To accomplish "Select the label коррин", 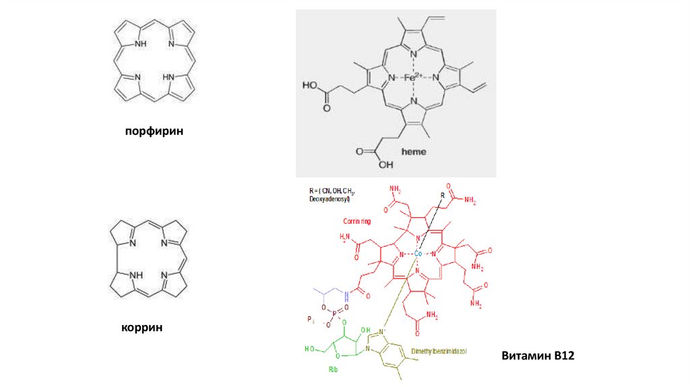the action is (x=142, y=328).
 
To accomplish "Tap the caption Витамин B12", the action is (x=538, y=355).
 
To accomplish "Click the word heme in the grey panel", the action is (x=414, y=152).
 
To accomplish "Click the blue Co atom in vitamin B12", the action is (x=418, y=254).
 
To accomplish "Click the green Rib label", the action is (x=332, y=369).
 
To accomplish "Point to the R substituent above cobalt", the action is (x=442, y=196).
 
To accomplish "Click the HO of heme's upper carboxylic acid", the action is (x=310, y=86).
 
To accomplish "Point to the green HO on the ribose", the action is (x=311, y=349).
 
